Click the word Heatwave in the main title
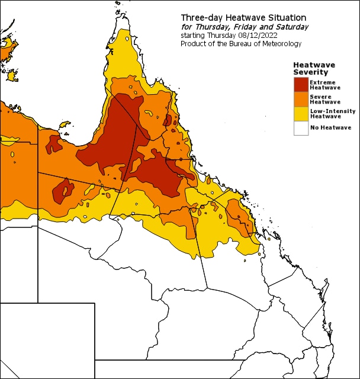tap(242, 17)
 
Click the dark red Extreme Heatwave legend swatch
tap(301, 85)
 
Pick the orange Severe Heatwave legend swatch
tap(301, 99)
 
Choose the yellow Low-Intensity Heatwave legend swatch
tap(301, 113)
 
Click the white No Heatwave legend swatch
tap(301, 127)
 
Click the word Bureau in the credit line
tap(242, 44)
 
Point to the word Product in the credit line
tap(194, 44)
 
